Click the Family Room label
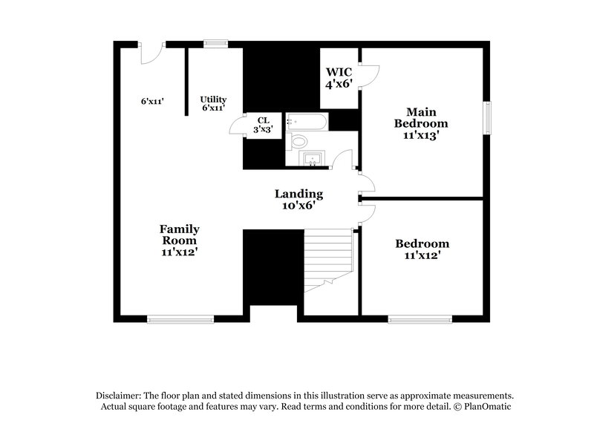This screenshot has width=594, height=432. tap(180, 240)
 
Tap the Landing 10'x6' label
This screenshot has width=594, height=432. tap(299, 200)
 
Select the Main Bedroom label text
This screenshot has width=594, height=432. tap(421, 123)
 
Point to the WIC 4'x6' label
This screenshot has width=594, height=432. tap(339, 78)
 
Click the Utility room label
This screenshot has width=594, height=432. tap(213, 103)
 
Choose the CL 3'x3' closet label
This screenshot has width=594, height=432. tap(263, 124)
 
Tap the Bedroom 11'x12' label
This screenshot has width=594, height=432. tap(422, 249)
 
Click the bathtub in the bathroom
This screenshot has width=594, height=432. tap(307, 122)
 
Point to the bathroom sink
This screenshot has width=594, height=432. tap(313, 158)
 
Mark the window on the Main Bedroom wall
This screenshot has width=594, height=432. tap(488, 117)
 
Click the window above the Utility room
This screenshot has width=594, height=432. tap(216, 44)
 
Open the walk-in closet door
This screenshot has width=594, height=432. tap(369, 76)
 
